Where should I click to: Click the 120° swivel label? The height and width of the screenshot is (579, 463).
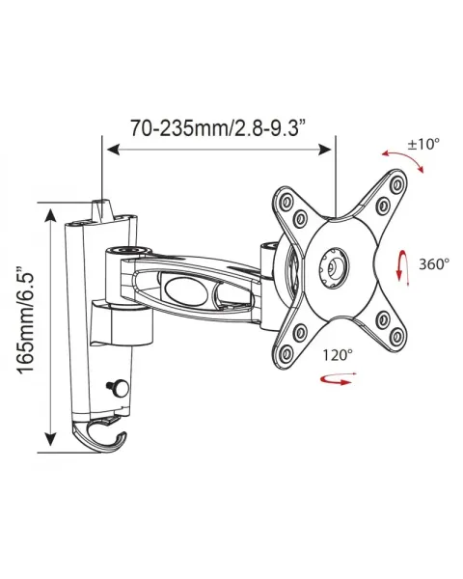pos(339,355)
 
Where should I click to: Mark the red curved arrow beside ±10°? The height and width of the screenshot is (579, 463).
pos(400,158)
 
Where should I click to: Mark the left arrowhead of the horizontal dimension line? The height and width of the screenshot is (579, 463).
pos(109,149)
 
